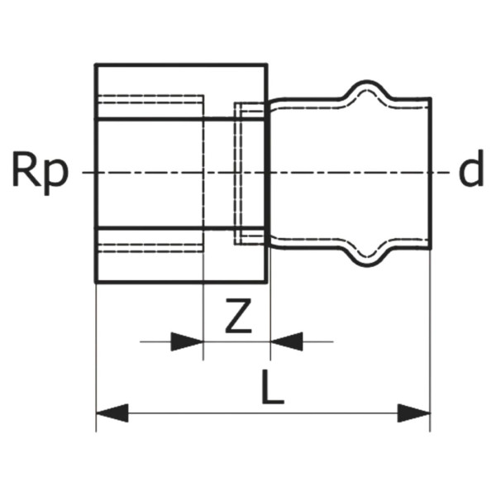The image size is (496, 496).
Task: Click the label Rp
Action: pyautogui.click(x=41, y=173)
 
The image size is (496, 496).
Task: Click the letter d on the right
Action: pyautogui.click(x=471, y=168)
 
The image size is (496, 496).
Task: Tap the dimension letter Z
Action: pyautogui.click(x=239, y=316)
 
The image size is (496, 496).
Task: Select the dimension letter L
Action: pyautogui.click(x=273, y=388)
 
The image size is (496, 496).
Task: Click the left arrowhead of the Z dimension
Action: pyautogui.click(x=187, y=341)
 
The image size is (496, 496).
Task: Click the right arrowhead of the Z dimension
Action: pyautogui.click(x=287, y=341)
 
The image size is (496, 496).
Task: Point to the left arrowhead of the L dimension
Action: pyautogui.click(x=112, y=413)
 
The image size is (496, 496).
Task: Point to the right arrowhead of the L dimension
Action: pyautogui.click(x=414, y=413)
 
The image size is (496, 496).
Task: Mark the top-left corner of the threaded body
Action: pyautogui.click(x=96, y=64)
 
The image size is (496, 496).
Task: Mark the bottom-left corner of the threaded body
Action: pyautogui.click(x=96, y=282)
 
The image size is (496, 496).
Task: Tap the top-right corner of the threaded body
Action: pyautogui.click(x=266, y=64)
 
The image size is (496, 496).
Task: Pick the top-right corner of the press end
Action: pyautogui.click(x=431, y=98)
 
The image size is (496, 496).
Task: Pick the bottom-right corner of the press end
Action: pyautogui.click(x=431, y=248)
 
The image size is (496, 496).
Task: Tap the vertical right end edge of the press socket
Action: pyautogui.click(x=431, y=173)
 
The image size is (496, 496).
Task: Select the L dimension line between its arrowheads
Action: pyautogui.click(x=263, y=413)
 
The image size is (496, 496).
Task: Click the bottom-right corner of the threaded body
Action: pyautogui.click(x=266, y=282)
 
